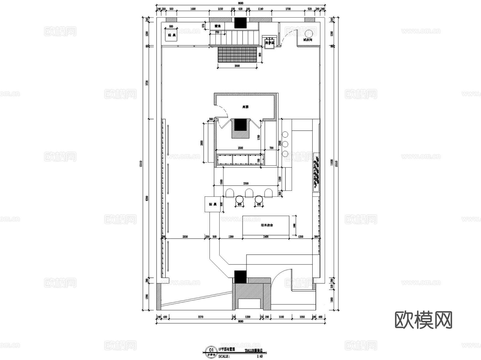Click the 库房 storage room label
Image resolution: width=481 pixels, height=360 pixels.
point(245,107)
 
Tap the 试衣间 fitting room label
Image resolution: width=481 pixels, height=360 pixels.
point(308,40)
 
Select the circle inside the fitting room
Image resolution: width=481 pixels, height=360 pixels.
point(309,34)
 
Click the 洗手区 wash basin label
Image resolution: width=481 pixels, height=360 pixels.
point(269,43)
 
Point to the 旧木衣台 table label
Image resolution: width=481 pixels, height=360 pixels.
point(267,225)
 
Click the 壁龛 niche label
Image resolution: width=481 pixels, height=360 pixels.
point(218,26)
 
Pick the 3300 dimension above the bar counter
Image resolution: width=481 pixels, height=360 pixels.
point(246,183)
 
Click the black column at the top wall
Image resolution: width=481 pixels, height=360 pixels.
point(240,23)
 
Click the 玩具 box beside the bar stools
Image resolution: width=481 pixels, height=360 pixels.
point(212,204)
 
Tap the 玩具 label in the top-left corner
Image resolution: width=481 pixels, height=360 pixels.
point(172,35)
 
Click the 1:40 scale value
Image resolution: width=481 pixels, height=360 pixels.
point(259,356)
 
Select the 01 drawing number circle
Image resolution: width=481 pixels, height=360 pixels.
point(211,350)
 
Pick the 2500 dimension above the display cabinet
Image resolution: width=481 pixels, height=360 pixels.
point(240,148)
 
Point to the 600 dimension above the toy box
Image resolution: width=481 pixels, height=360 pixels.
point(171,27)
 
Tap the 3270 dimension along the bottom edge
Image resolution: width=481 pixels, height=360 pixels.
point(200,317)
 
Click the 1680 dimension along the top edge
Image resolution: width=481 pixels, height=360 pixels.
point(193,9)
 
